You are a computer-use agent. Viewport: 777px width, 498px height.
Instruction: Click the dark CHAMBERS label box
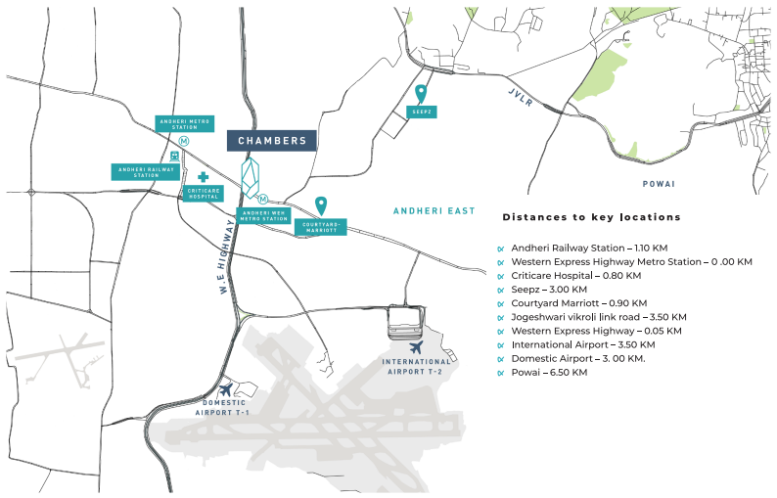coord(272,141)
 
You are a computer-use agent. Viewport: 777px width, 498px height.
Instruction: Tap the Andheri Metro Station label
coord(183,124)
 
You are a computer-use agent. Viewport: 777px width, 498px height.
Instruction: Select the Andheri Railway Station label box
coord(146,171)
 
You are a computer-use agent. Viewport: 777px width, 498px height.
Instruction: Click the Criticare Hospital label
coord(205,193)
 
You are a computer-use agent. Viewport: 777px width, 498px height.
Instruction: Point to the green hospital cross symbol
coord(204,176)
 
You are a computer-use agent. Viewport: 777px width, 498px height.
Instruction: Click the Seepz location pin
coord(421,94)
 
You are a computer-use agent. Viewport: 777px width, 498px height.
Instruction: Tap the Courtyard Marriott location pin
coord(320,205)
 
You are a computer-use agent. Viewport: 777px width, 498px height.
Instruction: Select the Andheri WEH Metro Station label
coord(263,215)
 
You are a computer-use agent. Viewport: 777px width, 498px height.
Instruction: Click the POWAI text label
coord(659,183)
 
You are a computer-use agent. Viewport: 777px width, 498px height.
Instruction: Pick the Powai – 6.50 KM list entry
coord(549,373)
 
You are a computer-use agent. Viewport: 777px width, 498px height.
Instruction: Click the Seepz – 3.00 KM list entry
coord(549,290)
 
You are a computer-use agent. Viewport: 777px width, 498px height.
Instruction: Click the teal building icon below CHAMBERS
coord(252,178)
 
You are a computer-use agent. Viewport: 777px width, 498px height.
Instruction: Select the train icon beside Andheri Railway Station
coord(174,156)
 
